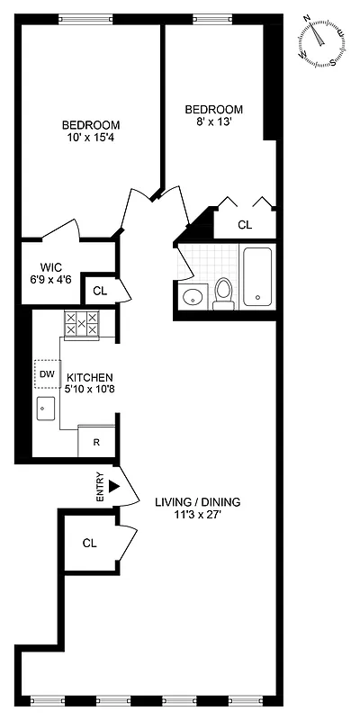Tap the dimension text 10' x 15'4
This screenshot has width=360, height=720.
point(91,139)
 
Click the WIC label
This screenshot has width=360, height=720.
point(50,267)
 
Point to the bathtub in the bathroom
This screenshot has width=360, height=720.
point(258,274)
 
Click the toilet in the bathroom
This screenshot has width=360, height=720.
point(223,293)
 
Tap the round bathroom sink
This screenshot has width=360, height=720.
point(192,296)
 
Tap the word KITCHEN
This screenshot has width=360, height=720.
point(90,378)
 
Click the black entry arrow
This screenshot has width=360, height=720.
point(113,486)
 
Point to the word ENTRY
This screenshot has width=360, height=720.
point(101,487)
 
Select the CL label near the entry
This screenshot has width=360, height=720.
point(89,543)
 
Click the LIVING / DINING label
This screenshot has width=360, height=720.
point(197,502)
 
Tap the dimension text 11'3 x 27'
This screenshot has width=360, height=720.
point(197,516)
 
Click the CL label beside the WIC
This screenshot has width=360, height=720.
point(100,291)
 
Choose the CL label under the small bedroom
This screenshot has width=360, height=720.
point(245,225)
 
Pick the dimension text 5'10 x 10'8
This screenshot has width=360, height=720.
point(90,391)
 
